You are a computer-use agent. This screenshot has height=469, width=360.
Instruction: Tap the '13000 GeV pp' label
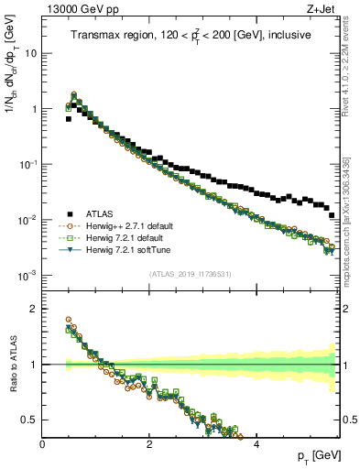click(80, 8)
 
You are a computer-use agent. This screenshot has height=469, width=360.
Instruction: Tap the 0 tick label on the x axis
click(43, 444)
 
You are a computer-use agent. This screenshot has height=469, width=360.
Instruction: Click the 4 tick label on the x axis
click(256, 444)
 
